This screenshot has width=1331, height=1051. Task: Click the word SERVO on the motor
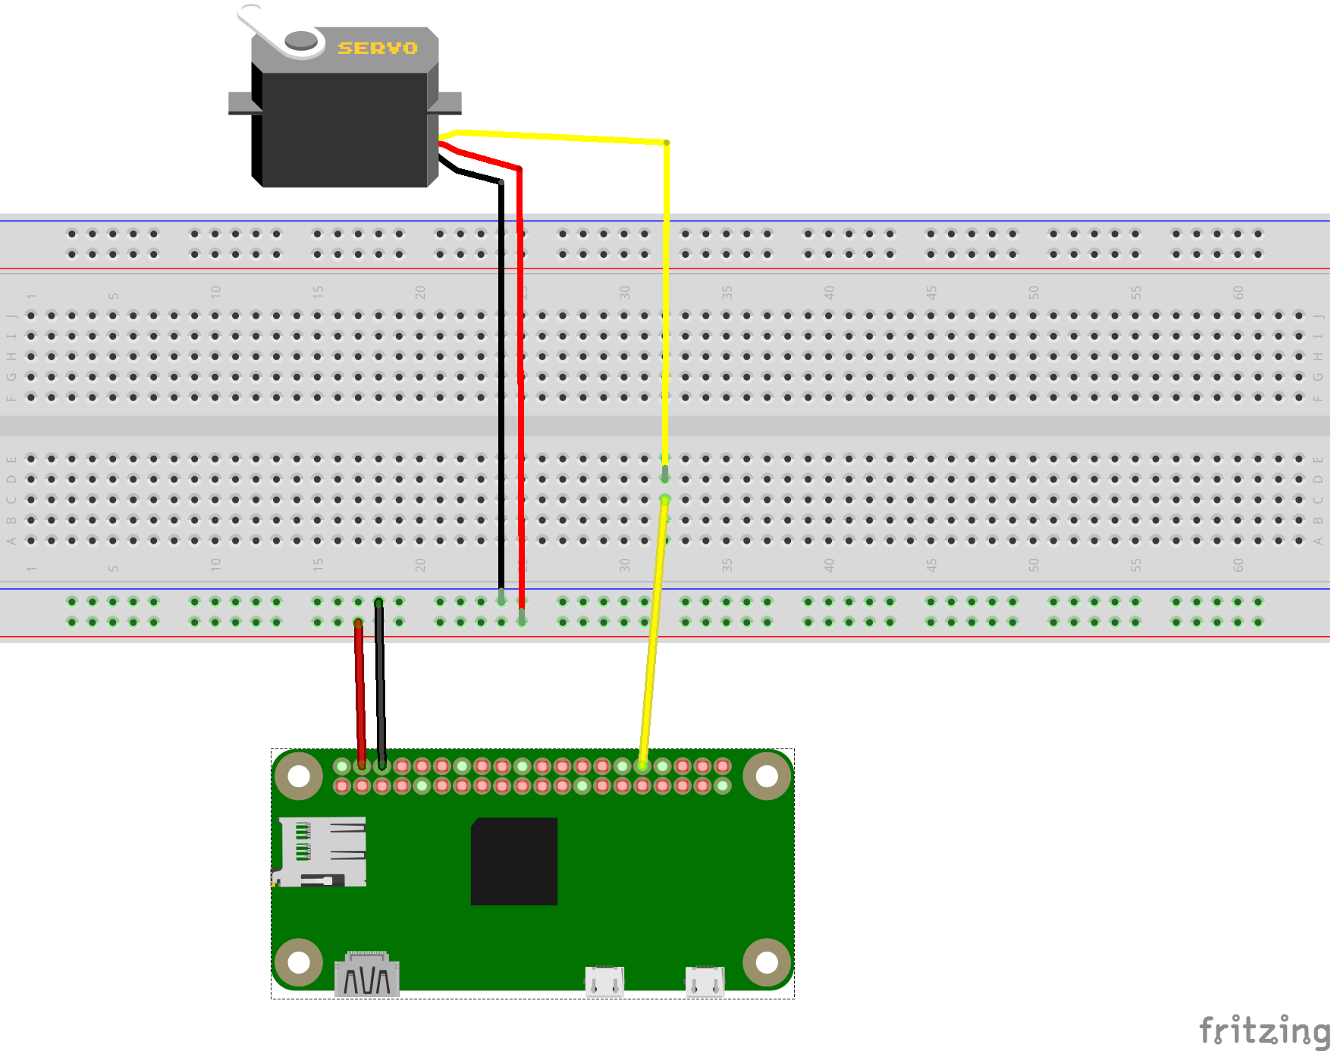378,49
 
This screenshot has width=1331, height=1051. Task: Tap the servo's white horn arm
262,27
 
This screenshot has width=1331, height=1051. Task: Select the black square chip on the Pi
514,861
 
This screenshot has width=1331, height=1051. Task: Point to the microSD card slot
320,852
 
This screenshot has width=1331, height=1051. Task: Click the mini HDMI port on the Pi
367,974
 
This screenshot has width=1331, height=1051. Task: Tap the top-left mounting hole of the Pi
298,776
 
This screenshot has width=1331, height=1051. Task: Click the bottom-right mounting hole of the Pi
767,962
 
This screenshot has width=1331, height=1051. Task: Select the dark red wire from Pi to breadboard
360,690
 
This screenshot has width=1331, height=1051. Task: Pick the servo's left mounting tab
241,104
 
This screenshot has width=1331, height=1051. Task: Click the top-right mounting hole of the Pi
767,776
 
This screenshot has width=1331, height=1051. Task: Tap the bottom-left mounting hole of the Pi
298,962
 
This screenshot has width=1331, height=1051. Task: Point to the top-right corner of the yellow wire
666,143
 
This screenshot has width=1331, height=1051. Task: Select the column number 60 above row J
1238,292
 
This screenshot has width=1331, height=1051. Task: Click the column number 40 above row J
829,292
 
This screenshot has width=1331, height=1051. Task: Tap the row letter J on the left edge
11,316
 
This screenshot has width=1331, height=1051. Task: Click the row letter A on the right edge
1318,541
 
